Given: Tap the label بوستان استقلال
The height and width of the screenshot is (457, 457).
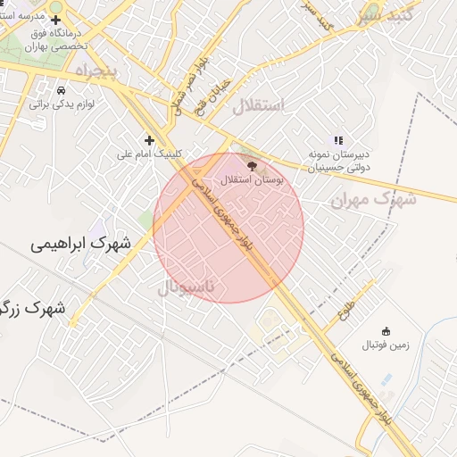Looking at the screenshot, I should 250,179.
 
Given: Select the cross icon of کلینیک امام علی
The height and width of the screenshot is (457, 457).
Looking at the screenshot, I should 149,139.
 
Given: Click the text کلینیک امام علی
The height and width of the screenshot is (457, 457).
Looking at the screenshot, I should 149,154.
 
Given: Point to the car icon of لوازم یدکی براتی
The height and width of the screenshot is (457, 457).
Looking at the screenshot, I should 61,90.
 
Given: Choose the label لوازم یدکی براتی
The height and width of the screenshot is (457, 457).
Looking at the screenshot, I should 61,104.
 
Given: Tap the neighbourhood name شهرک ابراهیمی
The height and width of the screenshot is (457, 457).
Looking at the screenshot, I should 79,243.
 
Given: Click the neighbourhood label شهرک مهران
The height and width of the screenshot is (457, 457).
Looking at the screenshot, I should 374,199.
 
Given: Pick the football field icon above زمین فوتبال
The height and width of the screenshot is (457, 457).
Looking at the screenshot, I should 386,331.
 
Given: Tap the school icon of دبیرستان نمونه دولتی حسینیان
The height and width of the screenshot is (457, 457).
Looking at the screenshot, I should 338,140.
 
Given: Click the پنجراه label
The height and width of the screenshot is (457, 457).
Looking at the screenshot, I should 96,69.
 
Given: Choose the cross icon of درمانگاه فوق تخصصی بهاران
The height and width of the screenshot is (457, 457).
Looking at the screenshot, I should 56,19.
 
